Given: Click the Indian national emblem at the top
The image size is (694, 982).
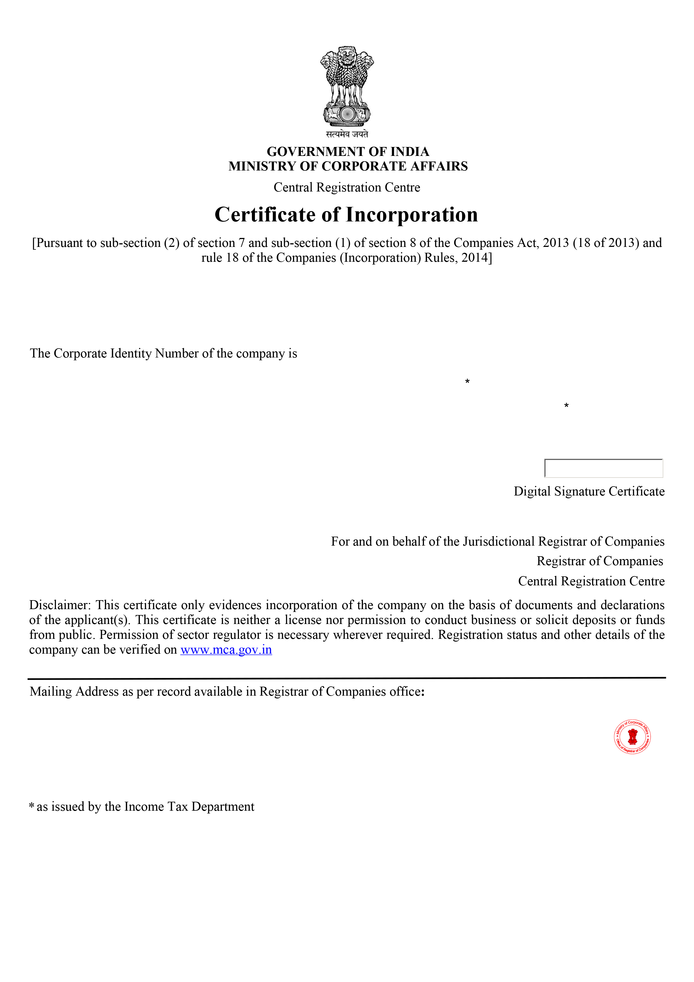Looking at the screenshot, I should click(347, 86).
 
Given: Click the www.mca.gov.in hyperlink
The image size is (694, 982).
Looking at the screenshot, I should click(226, 650).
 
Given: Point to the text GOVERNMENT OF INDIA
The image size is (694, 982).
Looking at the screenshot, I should click(348, 151).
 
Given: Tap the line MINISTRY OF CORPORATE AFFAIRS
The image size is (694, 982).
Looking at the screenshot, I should click(348, 166).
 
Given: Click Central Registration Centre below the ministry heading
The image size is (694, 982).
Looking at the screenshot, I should click(347, 187).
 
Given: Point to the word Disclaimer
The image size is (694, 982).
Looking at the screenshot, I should click(59, 605).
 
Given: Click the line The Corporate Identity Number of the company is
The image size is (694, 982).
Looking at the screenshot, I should click(163, 354).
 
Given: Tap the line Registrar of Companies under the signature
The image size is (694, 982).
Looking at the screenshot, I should click(599, 561).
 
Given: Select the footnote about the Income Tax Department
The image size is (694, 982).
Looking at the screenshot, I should click(142, 807).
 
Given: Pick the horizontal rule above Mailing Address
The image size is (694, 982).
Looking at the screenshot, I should click(347, 678).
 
